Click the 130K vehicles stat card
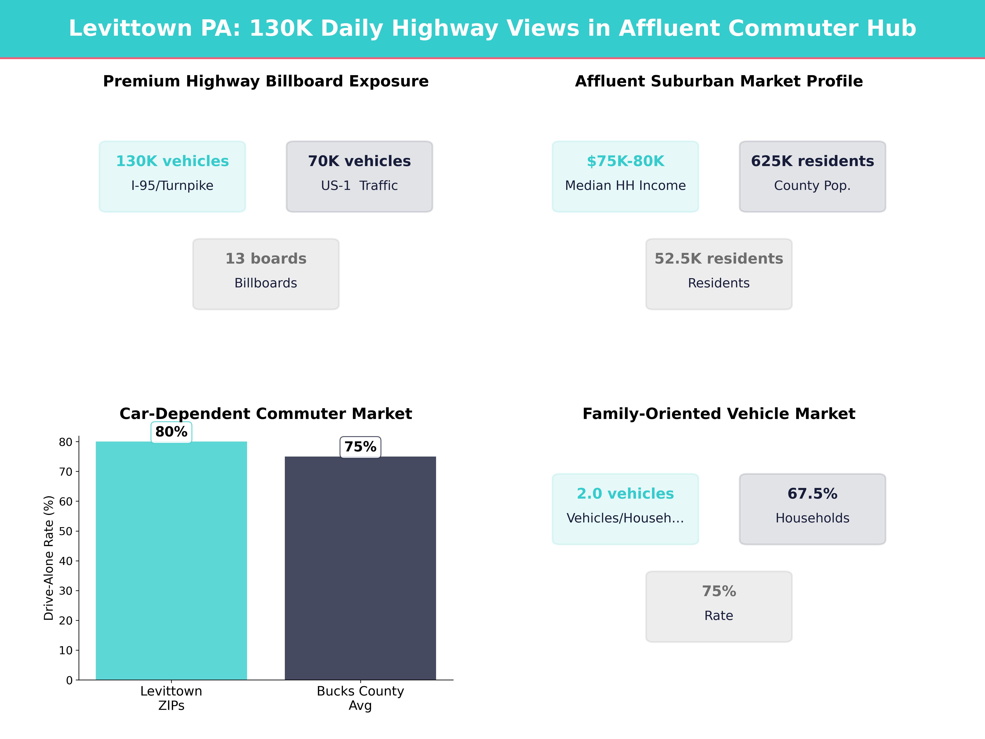172,176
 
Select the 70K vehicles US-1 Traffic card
359,176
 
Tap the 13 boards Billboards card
266,274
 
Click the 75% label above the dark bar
360,447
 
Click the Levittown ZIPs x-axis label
171,698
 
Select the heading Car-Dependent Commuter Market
266,414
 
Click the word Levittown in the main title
130,29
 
